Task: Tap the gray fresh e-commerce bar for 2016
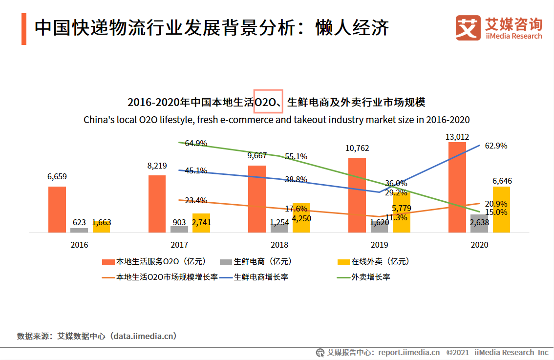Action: click(79, 230)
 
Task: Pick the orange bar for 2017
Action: click(157, 203)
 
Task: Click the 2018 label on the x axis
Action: click(279, 245)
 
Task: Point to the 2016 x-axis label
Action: click(79, 245)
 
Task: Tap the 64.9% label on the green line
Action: click(195, 143)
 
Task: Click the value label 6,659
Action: click(57, 176)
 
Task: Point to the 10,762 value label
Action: click(357, 148)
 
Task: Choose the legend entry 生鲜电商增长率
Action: click(261, 277)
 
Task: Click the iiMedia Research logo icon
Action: click(468, 28)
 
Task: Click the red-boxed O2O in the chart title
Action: click(268, 102)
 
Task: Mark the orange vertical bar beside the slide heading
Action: click(24, 29)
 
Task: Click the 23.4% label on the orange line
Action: click(196, 200)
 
